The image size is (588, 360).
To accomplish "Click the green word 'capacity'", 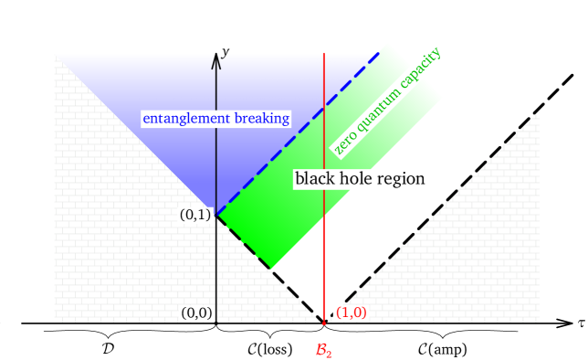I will coord(419,67).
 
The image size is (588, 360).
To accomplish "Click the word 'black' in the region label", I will coord(315,178).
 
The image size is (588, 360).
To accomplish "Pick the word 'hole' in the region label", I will coord(355,178).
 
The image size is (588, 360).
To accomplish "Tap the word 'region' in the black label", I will coord(399,179).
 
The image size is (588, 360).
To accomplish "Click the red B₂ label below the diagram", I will coord(323,349).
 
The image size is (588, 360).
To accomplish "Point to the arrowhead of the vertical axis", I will coord(216,58).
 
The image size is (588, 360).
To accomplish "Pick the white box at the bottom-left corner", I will coord(22,337).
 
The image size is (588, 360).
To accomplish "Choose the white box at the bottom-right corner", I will coord(540,337).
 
